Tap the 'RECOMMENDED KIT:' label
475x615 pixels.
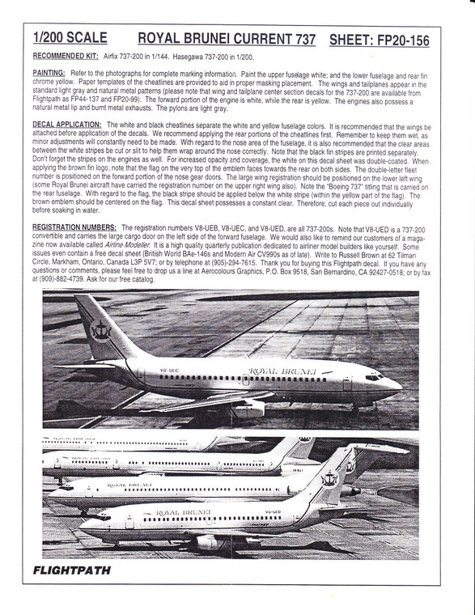(67, 58)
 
